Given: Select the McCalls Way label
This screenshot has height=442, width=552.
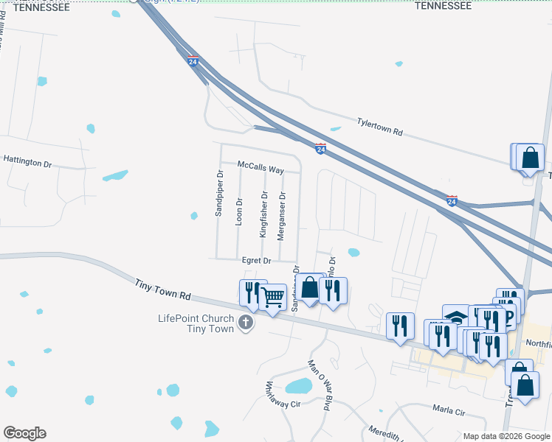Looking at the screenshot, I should tap(261, 169).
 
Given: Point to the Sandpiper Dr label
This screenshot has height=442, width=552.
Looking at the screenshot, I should tap(219, 194).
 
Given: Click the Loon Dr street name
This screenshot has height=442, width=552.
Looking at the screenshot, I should tap(238, 211).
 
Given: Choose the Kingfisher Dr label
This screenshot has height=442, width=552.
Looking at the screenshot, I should tap(263, 214).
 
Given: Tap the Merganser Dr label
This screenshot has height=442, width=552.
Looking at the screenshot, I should tap(281, 216).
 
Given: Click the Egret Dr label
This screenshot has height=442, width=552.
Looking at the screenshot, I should tap(257, 260).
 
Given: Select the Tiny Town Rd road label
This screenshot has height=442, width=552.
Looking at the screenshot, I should tap(163, 288).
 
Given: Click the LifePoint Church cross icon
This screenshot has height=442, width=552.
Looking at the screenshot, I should tap(246, 322).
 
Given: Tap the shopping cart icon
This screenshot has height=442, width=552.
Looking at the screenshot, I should tap(273, 298).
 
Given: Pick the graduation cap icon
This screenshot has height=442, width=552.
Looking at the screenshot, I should tap(456, 317).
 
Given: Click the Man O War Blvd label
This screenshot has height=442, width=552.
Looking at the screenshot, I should tap(321, 378).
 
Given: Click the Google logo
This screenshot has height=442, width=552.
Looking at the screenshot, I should tap(24, 433).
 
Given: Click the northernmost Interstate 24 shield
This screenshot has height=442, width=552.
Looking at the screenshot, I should tap(193, 62).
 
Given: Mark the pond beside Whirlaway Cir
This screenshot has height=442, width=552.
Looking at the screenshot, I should tap(299, 386).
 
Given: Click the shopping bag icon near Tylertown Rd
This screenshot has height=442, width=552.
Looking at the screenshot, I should tap(530, 156).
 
